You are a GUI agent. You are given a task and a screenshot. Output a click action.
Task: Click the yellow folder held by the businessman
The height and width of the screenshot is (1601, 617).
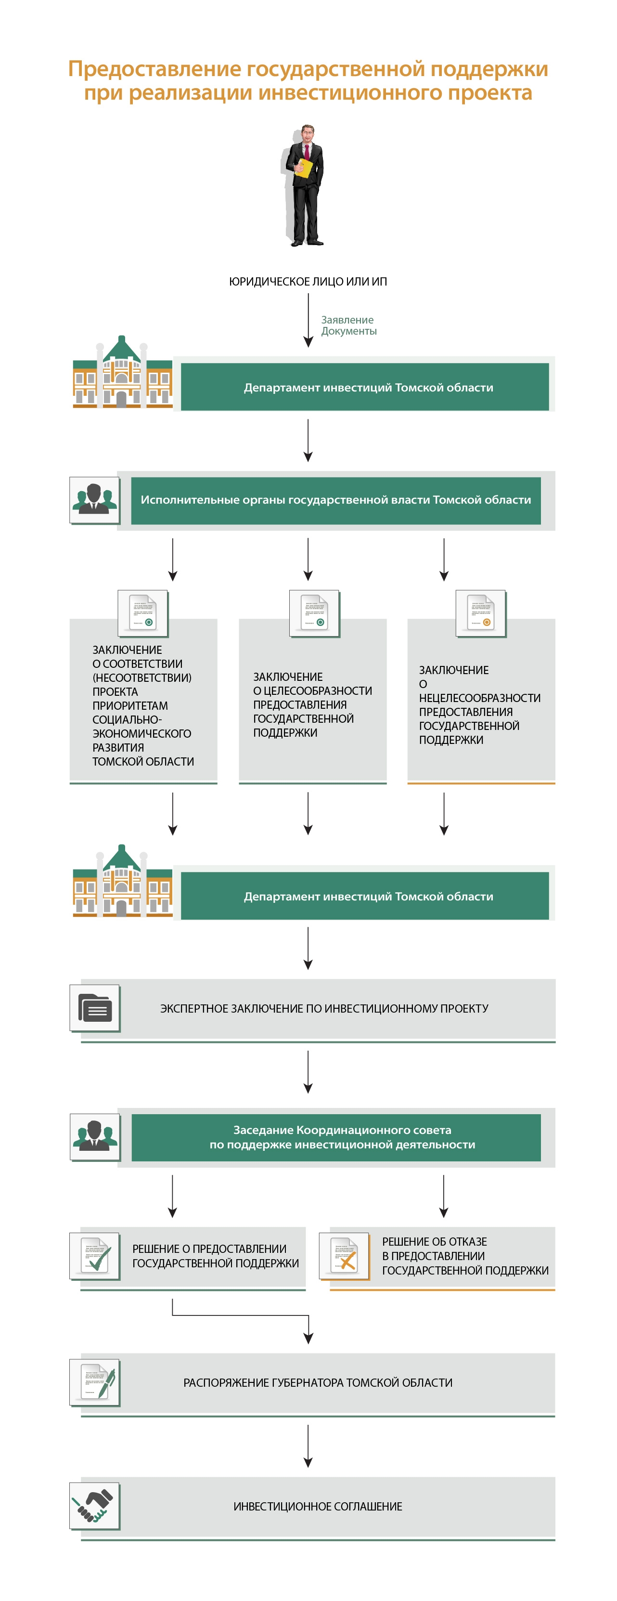303,168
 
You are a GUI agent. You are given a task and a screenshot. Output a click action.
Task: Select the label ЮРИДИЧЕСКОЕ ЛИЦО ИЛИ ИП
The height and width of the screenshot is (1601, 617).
308,282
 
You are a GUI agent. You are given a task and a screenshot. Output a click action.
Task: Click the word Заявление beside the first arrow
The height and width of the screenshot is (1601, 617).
347,320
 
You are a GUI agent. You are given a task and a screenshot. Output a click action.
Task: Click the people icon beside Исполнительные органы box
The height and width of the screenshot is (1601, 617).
94,500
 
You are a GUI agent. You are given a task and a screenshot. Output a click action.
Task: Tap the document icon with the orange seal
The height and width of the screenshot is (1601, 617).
481,613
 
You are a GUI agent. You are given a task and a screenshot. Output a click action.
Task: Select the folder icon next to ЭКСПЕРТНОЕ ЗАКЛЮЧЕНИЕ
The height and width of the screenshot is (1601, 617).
94,1008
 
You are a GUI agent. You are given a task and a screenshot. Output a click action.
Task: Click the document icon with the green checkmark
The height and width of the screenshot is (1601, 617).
94,1255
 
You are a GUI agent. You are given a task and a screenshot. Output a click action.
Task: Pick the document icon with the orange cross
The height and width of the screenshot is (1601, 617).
344,1255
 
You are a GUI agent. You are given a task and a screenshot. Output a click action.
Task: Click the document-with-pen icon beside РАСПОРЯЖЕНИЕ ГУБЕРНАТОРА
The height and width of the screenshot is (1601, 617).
94,1382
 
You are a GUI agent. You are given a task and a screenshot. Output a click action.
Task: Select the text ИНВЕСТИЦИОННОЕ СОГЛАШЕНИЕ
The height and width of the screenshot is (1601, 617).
318,1507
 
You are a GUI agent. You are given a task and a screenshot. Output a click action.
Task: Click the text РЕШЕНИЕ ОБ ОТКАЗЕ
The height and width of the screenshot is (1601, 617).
434,1242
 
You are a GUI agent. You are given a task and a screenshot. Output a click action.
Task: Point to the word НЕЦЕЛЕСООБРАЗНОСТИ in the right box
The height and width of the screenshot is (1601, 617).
480,698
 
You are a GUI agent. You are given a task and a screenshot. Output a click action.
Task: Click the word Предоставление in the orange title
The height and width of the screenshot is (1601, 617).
154,69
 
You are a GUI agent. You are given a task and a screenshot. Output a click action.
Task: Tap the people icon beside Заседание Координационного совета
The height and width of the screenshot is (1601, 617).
94,1137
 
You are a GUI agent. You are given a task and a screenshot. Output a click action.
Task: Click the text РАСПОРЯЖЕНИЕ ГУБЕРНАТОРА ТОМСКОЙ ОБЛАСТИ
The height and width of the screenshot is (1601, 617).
318,1383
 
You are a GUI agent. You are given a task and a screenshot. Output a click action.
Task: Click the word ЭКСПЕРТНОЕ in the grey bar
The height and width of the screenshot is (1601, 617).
194,1009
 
